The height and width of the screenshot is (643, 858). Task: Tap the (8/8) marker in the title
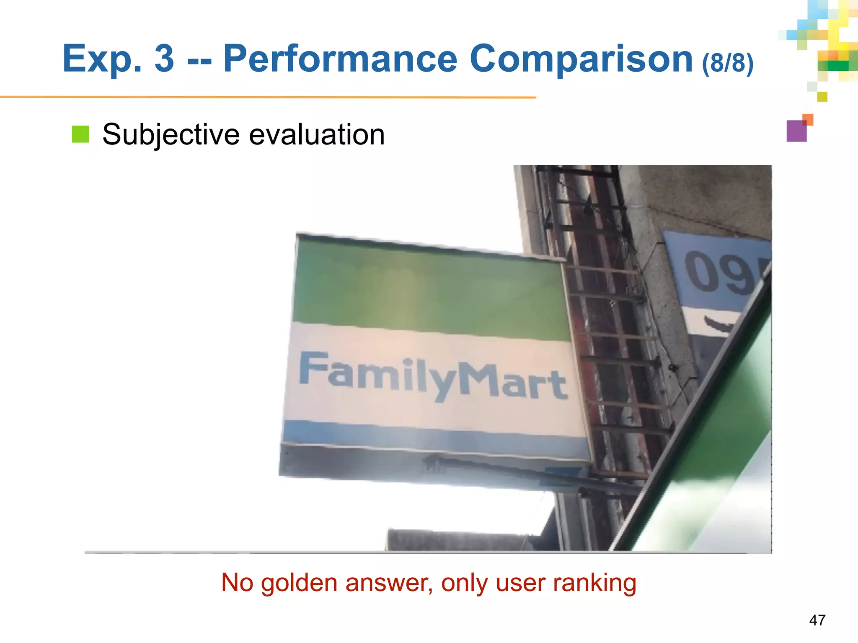click(728, 63)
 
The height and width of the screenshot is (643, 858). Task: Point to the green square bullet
click(80, 134)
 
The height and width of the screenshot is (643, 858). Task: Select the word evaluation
click(317, 135)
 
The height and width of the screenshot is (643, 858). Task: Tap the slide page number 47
click(817, 620)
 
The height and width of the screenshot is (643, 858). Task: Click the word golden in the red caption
click(299, 583)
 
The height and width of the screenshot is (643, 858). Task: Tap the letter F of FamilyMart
click(313, 368)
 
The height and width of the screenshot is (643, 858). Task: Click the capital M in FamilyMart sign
click(479, 379)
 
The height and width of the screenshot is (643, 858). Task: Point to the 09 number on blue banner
click(718, 272)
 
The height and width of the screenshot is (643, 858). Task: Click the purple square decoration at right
click(796, 131)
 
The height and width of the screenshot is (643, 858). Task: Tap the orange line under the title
click(268, 97)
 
